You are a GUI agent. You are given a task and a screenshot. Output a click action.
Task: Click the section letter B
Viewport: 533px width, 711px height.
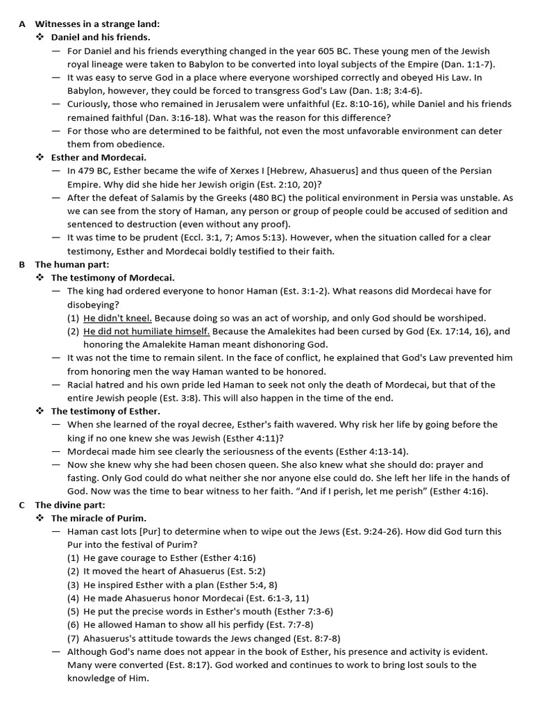click(22, 265)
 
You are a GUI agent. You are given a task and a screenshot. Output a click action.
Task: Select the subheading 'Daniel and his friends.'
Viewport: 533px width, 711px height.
click(101, 37)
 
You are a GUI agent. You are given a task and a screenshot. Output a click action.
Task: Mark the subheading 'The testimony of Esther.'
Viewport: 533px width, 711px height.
click(105, 411)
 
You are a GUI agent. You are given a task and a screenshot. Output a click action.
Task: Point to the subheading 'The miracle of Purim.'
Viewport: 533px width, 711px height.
click(99, 518)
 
